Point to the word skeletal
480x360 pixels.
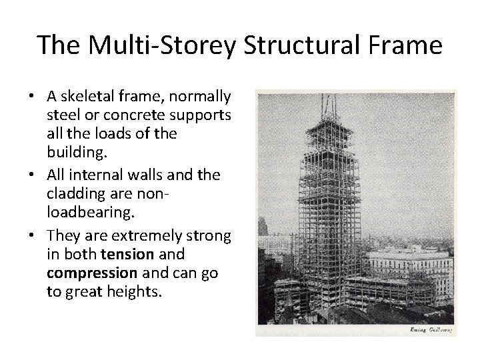[x=83, y=97]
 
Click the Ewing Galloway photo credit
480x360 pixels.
[x=428, y=329]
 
